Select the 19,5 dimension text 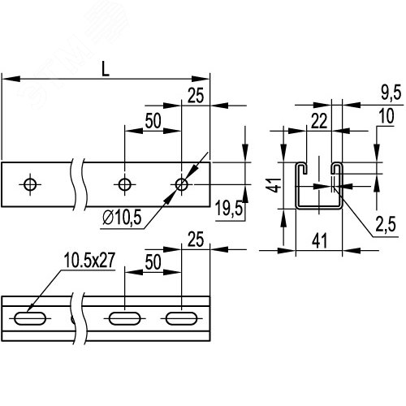click(x=229, y=210)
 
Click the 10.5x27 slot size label click(x=87, y=261)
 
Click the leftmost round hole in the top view click(x=30, y=184)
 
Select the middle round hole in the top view click(x=124, y=184)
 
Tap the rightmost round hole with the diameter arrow click(x=181, y=184)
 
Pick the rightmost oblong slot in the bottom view click(x=180, y=317)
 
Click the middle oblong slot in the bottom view click(x=124, y=317)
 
